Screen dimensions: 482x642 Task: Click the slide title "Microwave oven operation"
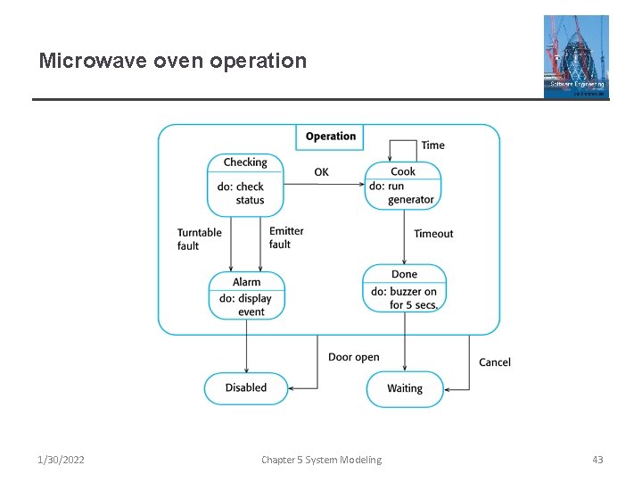click(172, 61)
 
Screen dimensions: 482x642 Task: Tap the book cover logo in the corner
click(576, 56)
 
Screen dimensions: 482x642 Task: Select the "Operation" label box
click(330, 137)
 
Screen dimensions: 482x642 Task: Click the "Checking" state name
click(245, 162)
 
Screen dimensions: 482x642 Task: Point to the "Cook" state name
click(403, 171)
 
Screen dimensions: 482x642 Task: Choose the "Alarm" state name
click(247, 282)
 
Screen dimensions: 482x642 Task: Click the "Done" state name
click(404, 274)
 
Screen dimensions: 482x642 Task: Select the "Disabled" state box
click(246, 388)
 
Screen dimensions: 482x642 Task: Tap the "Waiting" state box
click(405, 389)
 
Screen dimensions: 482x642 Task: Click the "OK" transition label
click(321, 172)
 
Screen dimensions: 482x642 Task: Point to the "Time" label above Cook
click(432, 145)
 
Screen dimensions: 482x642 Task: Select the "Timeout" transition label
click(433, 234)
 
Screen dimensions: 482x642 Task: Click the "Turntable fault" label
click(199, 239)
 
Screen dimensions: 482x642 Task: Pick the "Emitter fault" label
click(286, 237)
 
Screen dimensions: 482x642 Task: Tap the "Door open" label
click(353, 357)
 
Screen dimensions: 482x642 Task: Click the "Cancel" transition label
click(495, 362)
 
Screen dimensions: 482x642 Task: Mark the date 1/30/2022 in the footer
click(62, 460)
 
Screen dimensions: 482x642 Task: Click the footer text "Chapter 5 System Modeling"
click(321, 460)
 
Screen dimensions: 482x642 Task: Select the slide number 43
click(597, 460)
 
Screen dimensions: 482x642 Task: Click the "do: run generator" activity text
click(402, 193)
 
